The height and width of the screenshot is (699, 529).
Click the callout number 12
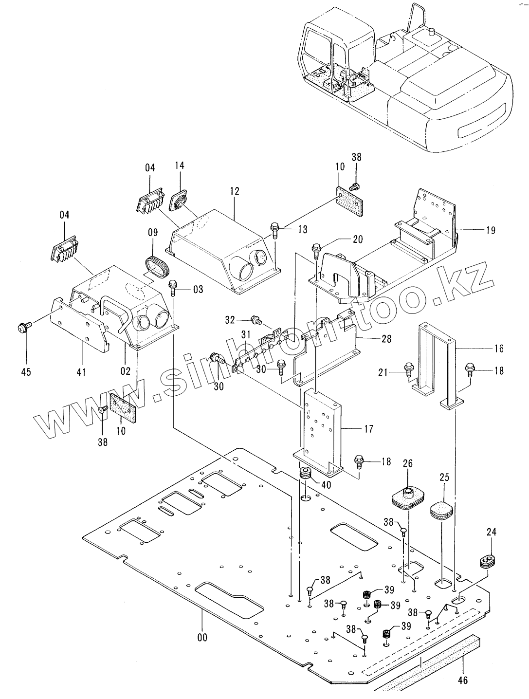(235, 191)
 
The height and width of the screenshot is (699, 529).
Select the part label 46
(463, 680)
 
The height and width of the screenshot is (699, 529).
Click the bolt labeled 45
(23, 325)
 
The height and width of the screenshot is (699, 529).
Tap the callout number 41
(81, 372)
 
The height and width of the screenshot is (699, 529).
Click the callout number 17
(368, 429)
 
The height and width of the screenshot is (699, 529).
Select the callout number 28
(386, 338)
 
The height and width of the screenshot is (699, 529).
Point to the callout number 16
(499, 349)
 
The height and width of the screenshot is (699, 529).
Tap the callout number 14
(180, 166)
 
